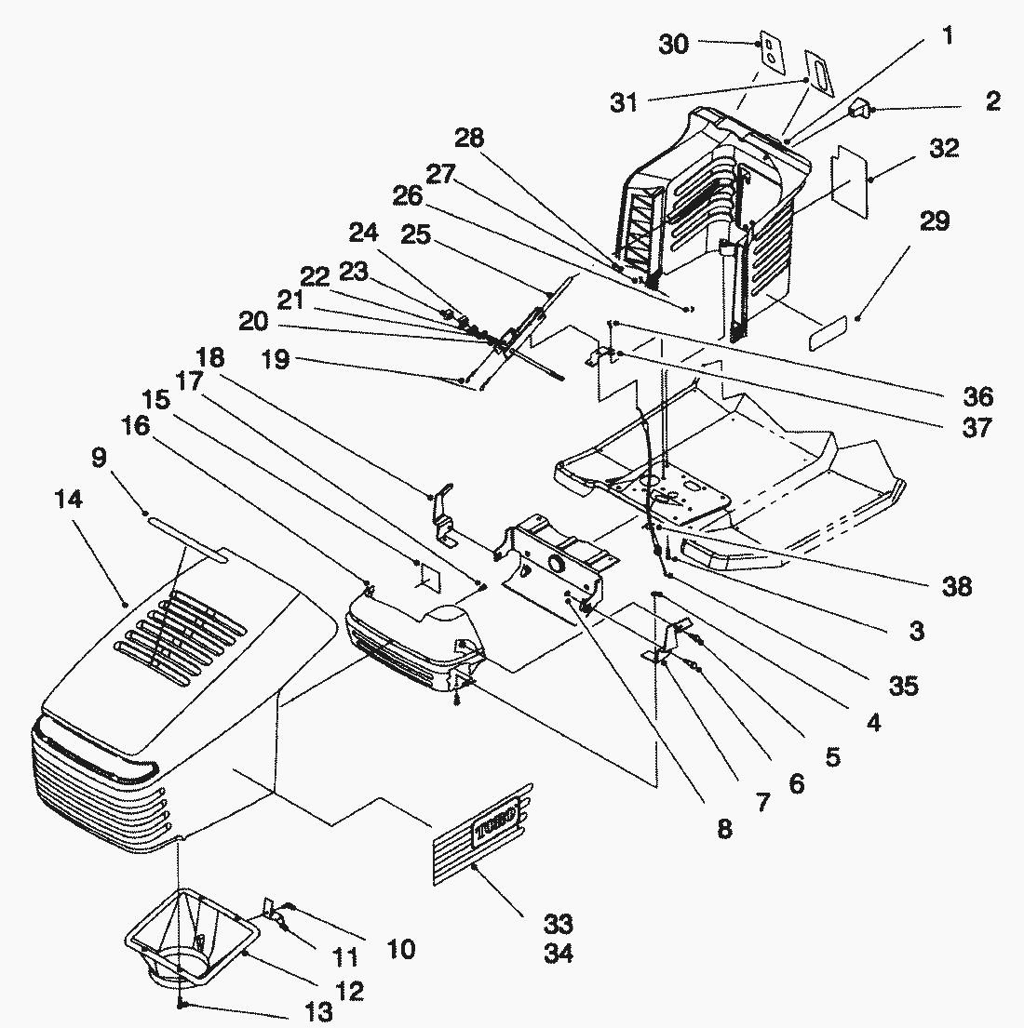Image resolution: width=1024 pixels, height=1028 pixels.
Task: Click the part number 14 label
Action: click(69, 499)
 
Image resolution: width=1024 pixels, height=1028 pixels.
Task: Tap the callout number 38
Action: click(956, 586)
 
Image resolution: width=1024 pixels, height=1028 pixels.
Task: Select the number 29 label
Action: click(935, 220)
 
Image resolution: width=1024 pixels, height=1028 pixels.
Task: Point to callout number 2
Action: click(993, 101)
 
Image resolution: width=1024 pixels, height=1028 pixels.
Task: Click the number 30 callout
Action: click(674, 44)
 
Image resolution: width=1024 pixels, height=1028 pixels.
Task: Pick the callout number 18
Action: click(209, 357)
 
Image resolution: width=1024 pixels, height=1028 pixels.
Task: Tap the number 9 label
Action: click(99, 457)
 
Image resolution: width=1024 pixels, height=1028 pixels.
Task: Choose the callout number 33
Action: click(559, 924)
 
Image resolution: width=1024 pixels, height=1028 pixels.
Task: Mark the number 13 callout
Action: click(318, 1011)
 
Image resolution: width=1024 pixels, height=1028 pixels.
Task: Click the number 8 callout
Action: click(724, 829)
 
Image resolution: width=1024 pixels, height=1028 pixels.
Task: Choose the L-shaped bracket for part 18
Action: click(445, 514)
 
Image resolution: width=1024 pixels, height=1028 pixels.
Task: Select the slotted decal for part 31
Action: click(819, 73)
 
